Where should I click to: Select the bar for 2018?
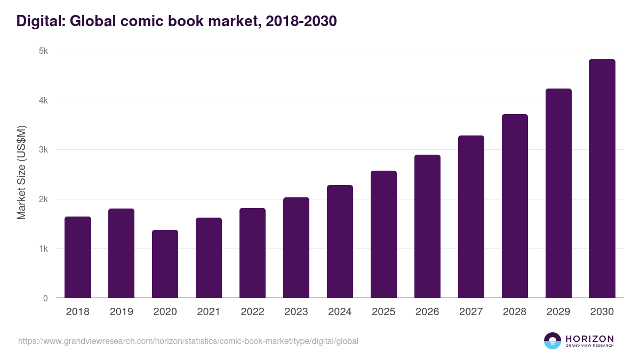coord(78,257)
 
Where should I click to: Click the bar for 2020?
coord(165,264)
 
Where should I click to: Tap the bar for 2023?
coord(296,247)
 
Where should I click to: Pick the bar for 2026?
coord(427,226)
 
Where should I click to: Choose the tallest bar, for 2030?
coord(602,179)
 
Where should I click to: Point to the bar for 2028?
coord(515,206)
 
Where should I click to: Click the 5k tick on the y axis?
coord(43,51)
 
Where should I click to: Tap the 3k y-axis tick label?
coord(43,150)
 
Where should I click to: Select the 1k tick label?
coord(43,249)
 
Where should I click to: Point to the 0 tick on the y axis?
coord(45,298)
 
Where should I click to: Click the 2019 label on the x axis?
coord(122,312)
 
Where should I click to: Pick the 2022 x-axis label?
coord(252,312)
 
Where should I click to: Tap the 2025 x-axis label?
coord(383,312)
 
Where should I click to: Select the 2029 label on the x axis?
coord(558,312)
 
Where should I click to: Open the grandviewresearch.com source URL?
coord(188,341)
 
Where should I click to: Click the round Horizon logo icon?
coord(553,341)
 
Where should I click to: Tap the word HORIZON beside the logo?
coord(589,338)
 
